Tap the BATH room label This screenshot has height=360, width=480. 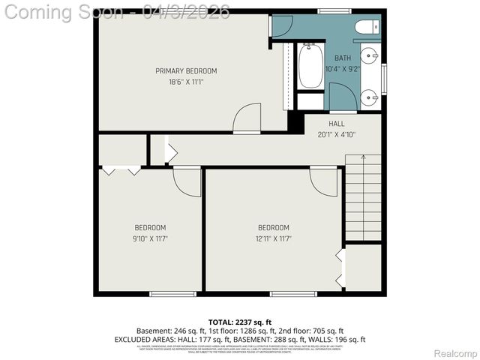(x=342, y=58)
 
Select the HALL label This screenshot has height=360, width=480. (x=336, y=124)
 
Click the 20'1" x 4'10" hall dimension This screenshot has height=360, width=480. (x=336, y=135)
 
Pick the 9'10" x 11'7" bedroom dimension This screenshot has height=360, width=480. (x=150, y=238)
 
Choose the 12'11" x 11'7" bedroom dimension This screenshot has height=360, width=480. (x=273, y=238)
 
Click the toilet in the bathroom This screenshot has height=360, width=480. (x=367, y=28)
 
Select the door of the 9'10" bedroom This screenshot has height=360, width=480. (x=187, y=182)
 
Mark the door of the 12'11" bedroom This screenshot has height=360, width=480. (x=324, y=182)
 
